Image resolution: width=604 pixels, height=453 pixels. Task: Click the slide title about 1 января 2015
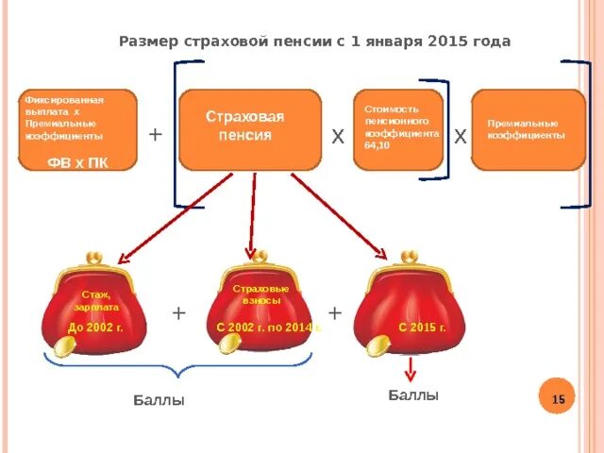click(315, 42)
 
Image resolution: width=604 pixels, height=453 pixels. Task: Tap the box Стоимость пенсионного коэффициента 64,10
click(398, 129)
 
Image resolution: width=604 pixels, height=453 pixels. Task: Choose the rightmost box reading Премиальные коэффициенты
click(528, 129)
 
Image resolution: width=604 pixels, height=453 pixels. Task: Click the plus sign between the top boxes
click(156, 135)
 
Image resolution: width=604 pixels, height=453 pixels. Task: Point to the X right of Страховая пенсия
click(337, 138)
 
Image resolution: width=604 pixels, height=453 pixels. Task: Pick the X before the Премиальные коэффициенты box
click(460, 138)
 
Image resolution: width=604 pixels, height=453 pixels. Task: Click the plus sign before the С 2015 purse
click(335, 312)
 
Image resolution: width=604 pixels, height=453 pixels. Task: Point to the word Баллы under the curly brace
click(159, 401)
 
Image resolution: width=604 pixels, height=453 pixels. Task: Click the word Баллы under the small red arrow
click(413, 395)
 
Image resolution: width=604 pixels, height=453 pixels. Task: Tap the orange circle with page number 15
click(558, 400)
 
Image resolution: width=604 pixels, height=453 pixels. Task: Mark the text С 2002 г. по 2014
click(261, 327)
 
